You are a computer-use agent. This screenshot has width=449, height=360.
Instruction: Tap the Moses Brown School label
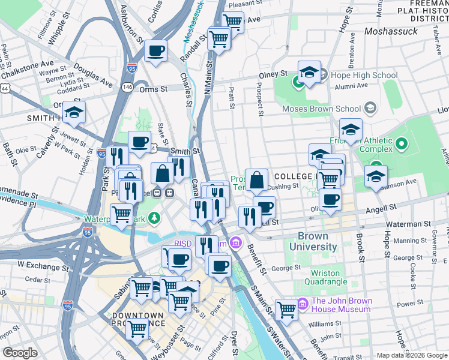(321, 109)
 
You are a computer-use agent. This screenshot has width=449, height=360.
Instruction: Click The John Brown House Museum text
(342, 305)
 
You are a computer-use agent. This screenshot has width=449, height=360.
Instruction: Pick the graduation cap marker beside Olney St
(309, 73)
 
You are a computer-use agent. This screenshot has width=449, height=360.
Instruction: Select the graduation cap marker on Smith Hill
(74, 112)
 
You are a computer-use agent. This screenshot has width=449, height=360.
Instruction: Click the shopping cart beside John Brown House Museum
(287, 309)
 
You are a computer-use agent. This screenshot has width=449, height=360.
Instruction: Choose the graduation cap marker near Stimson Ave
(376, 176)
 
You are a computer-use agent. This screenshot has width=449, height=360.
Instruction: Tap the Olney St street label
(274, 74)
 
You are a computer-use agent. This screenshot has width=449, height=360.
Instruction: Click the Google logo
(20, 352)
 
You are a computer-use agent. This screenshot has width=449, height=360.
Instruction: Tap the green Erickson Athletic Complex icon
(401, 144)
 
